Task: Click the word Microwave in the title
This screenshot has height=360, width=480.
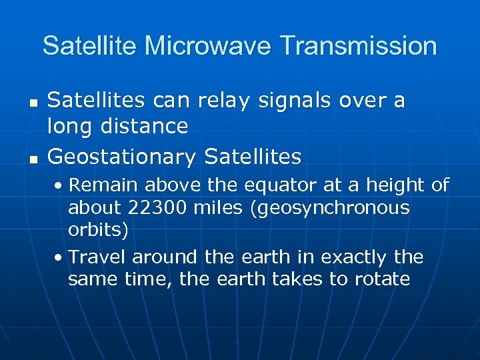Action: pos(210,47)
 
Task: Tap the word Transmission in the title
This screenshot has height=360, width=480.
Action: pos(359,47)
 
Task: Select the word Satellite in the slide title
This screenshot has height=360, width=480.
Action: pos(91,47)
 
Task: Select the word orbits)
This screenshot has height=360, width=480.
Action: pos(98,230)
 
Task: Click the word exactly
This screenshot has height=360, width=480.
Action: pos(352,257)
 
